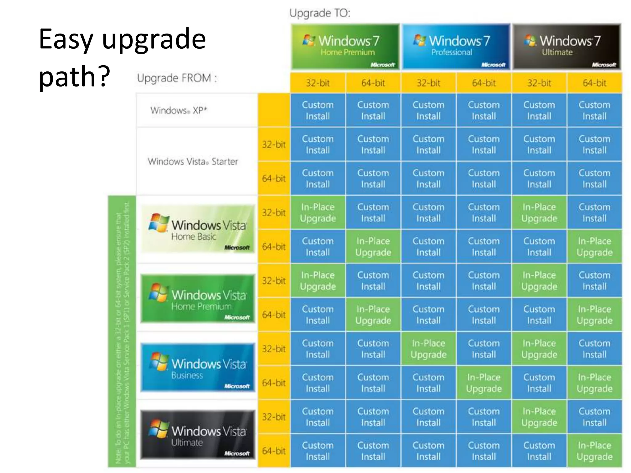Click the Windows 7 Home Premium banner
345,47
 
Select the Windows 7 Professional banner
456,47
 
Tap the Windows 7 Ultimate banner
567,47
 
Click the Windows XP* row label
179,110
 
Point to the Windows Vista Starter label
193,161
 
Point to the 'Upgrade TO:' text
320,13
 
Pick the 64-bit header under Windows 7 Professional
484,83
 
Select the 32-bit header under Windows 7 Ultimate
539,83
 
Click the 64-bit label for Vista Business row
274,383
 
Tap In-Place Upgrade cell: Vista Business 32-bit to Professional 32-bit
428,349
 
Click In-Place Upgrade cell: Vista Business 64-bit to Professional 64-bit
484,383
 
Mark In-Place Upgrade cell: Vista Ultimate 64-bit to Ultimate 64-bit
594,451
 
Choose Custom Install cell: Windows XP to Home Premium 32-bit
318,110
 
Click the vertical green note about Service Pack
122,331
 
